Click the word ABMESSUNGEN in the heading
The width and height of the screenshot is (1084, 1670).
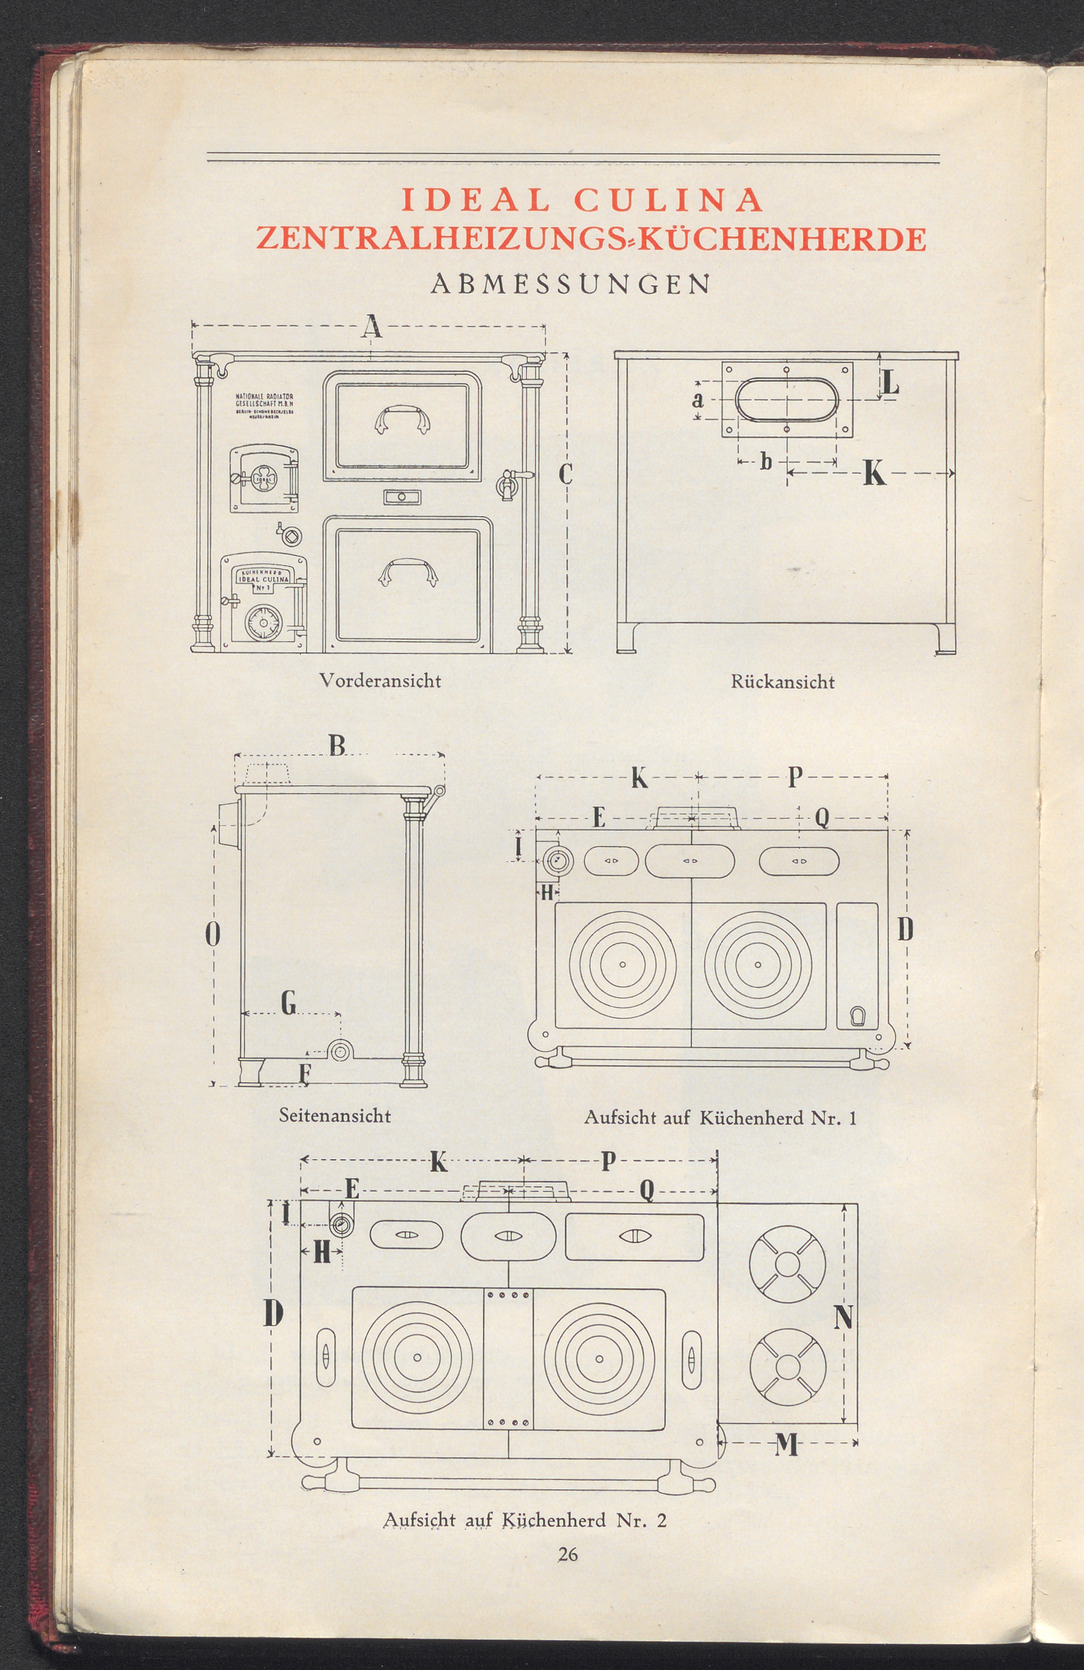click(x=570, y=284)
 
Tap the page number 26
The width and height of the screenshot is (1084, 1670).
click(x=568, y=1588)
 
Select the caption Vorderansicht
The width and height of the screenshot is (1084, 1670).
click(x=380, y=680)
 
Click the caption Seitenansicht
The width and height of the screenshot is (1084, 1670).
click(x=335, y=1115)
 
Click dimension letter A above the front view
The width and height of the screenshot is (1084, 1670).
click(x=373, y=326)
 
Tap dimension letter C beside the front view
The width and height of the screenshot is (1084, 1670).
click(x=566, y=475)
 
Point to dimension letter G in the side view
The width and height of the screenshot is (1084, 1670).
click(x=288, y=1005)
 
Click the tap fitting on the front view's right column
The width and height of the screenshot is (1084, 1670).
click(x=506, y=484)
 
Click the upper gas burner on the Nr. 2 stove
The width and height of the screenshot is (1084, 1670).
click(x=787, y=1264)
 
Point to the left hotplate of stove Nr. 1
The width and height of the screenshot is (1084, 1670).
click(x=623, y=965)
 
